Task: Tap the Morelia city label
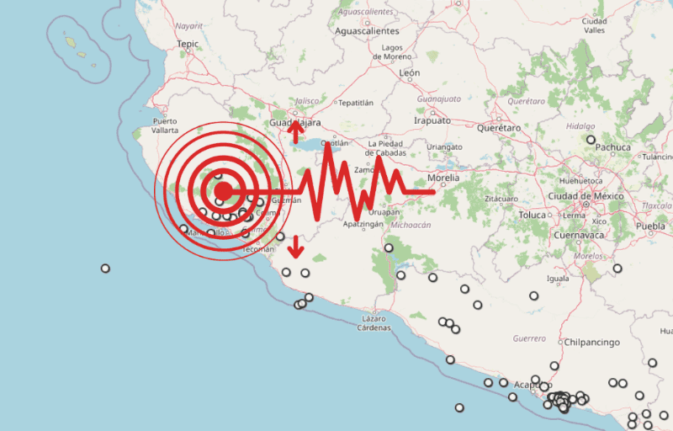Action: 443,178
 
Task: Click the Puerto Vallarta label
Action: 165,125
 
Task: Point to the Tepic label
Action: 187,44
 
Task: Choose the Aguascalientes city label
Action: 366,30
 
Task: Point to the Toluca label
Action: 532,215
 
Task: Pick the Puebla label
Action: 650,226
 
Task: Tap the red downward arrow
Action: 295,248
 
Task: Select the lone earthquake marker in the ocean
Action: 105,269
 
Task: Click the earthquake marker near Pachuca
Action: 591,140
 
